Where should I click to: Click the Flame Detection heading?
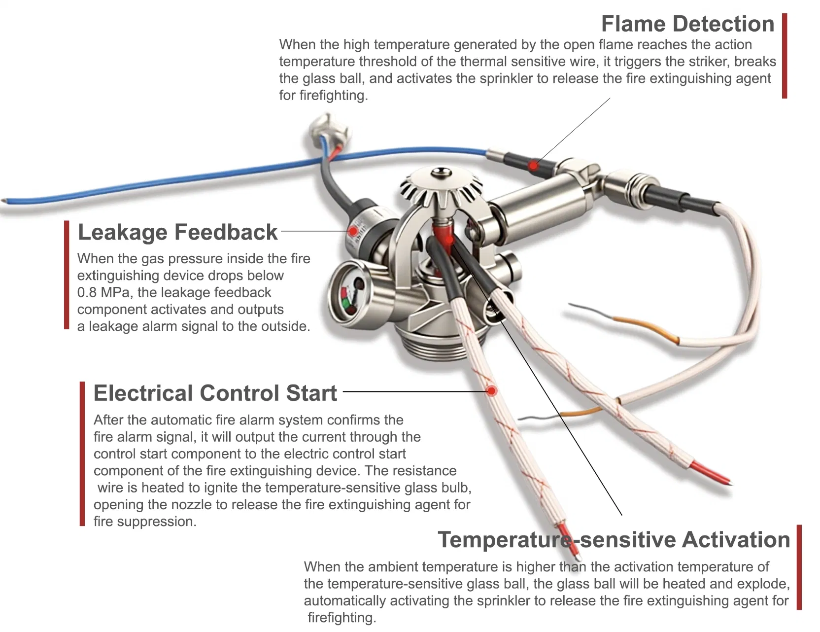[x=687, y=24]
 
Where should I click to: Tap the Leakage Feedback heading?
[x=177, y=232]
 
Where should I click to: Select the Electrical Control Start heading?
[x=215, y=393]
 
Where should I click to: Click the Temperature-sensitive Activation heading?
[x=614, y=540]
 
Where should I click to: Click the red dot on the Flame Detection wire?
[x=533, y=165]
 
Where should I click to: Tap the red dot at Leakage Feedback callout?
[x=353, y=231]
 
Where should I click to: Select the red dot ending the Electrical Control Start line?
[x=491, y=391]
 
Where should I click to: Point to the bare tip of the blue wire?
[x=4, y=201]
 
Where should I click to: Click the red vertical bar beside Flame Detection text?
[x=785, y=56]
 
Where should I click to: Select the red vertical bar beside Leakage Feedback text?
[x=67, y=275]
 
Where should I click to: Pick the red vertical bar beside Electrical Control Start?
[x=82, y=454]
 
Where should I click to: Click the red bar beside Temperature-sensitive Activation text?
[x=799, y=567]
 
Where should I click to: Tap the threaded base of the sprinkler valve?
[x=441, y=345]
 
